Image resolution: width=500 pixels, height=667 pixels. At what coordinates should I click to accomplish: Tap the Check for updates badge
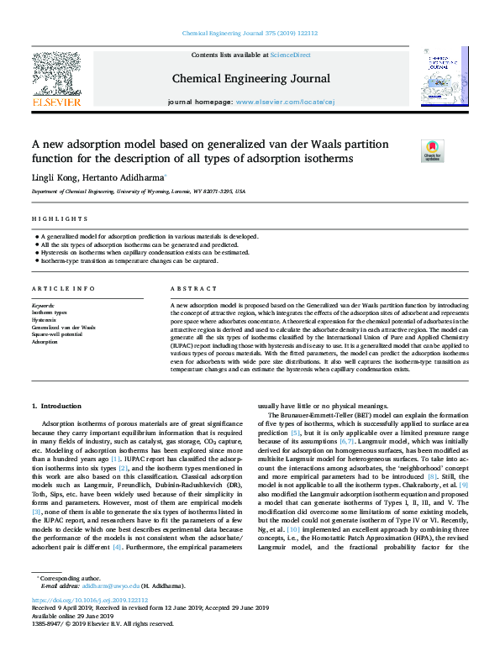pyautogui.click(x=432, y=151)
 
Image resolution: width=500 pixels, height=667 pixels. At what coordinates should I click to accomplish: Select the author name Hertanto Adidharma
pyautogui.click(x=129, y=177)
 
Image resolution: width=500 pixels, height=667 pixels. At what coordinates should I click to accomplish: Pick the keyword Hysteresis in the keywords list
pyautogui.click(x=45, y=320)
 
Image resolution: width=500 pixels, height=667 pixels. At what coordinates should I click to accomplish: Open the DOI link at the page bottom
pyautogui.click(x=89, y=601)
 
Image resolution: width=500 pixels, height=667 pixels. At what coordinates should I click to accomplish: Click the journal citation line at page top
pyautogui.click(x=250, y=34)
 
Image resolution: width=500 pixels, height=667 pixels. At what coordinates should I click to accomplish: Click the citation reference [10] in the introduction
pyautogui.click(x=293, y=531)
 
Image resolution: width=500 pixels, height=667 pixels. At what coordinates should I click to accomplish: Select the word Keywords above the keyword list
pyautogui.click(x=43, y=306)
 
